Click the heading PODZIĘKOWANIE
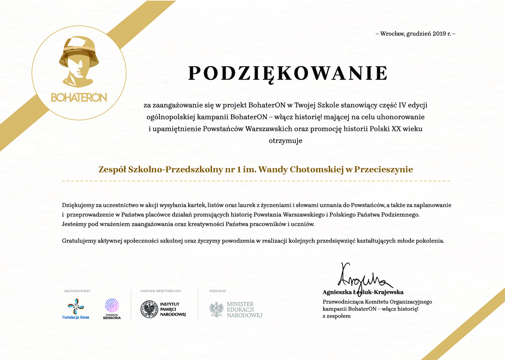[x=288, y=74]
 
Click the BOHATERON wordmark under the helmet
[x=79, y=98]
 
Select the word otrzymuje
[x=285, y=141]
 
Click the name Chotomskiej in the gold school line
[x=317, y=169]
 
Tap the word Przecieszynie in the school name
[x=383, y=169]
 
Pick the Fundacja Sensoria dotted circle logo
[x=112, y=306]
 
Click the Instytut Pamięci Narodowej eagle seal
[x=149, y=309]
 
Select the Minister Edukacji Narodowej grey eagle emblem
[x=217, y=309]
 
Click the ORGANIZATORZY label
[x=77, y=291]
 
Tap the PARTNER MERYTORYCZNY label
[x=161, y=291]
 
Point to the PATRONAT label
[x=218, y=291]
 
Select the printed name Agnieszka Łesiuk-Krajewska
[x=363, y=292]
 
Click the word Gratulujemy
[x=79, y=241]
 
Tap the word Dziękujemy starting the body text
[x=78, y=205]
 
